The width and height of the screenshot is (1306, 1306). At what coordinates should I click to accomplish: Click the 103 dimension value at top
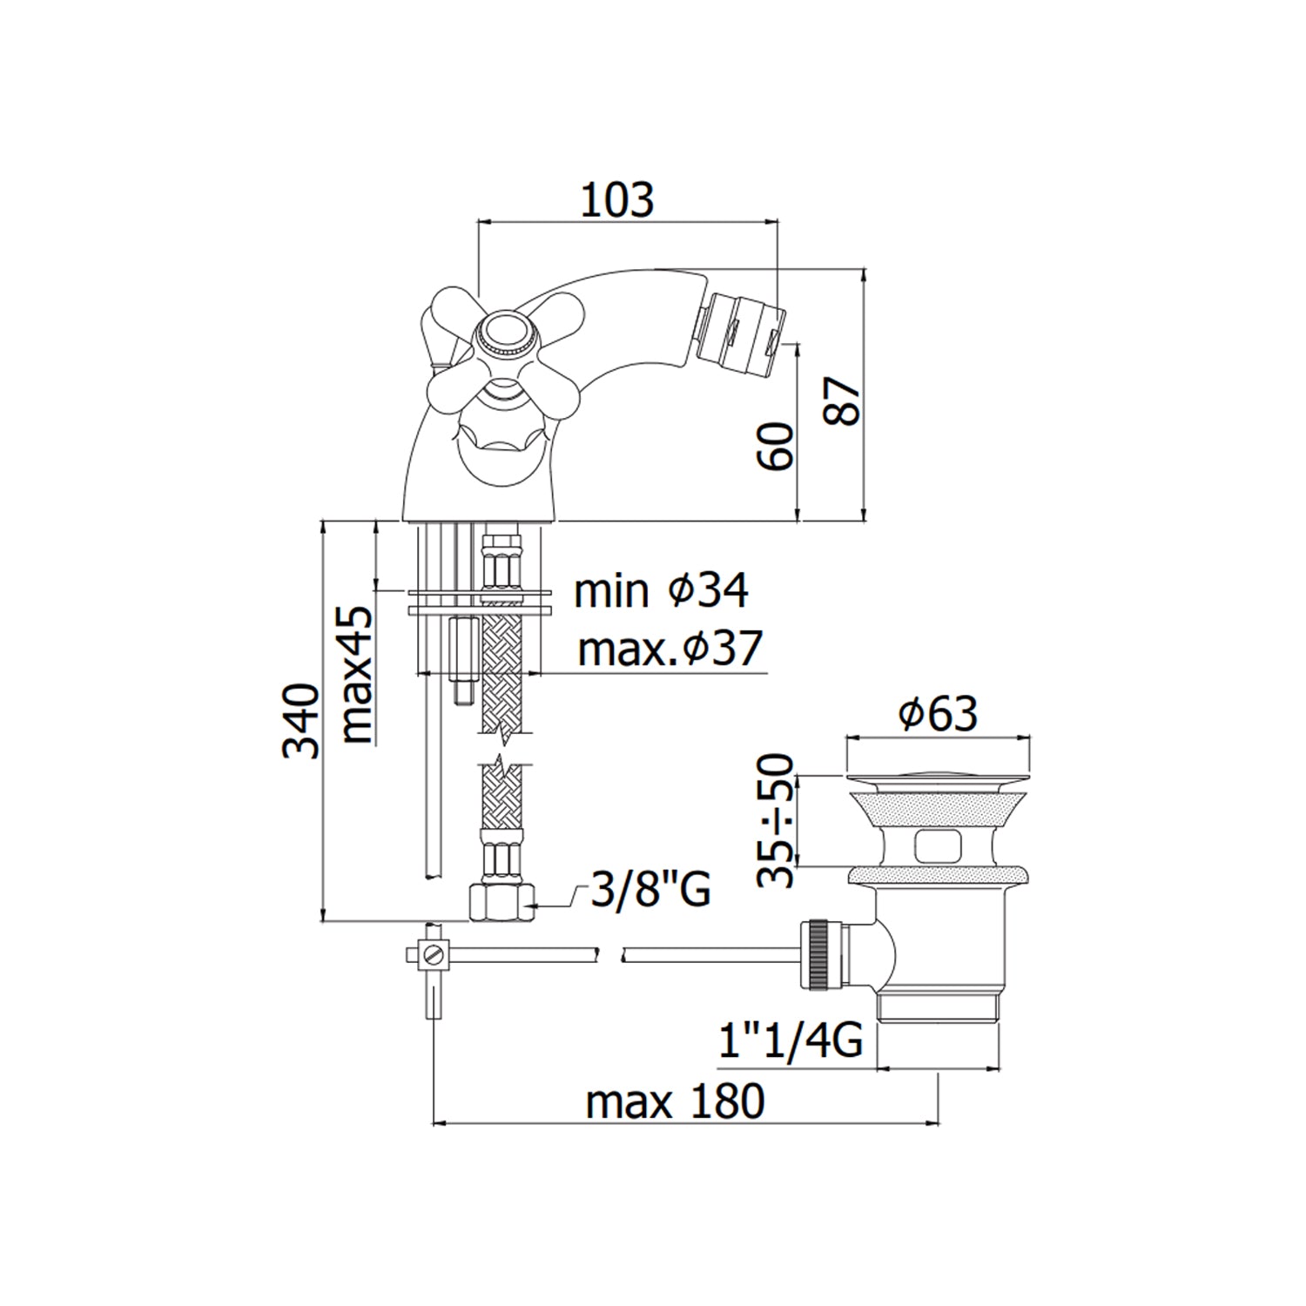(x=616, y=199)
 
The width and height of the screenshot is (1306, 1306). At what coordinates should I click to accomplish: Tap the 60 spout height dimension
(x=777, y=447)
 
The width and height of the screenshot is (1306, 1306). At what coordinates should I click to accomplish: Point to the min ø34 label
(x=661, y=591)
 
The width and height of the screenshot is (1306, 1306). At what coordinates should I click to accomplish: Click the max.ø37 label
(x=670, y=649)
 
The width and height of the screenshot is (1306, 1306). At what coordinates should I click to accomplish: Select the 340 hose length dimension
(x=301, y=721)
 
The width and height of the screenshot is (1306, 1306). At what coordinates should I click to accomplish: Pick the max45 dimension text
(x=358, y=675)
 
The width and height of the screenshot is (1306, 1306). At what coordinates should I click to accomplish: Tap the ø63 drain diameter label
(x=938, y=714)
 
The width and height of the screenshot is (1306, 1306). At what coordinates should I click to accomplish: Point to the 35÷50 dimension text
(x=776, y=820)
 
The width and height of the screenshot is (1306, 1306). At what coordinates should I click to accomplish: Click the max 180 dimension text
(x=675, y=1101)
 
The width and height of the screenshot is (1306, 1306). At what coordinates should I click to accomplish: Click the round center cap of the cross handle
(x=504, y=333)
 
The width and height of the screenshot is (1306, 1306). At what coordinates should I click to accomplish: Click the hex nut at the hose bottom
(x=502, y=902)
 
